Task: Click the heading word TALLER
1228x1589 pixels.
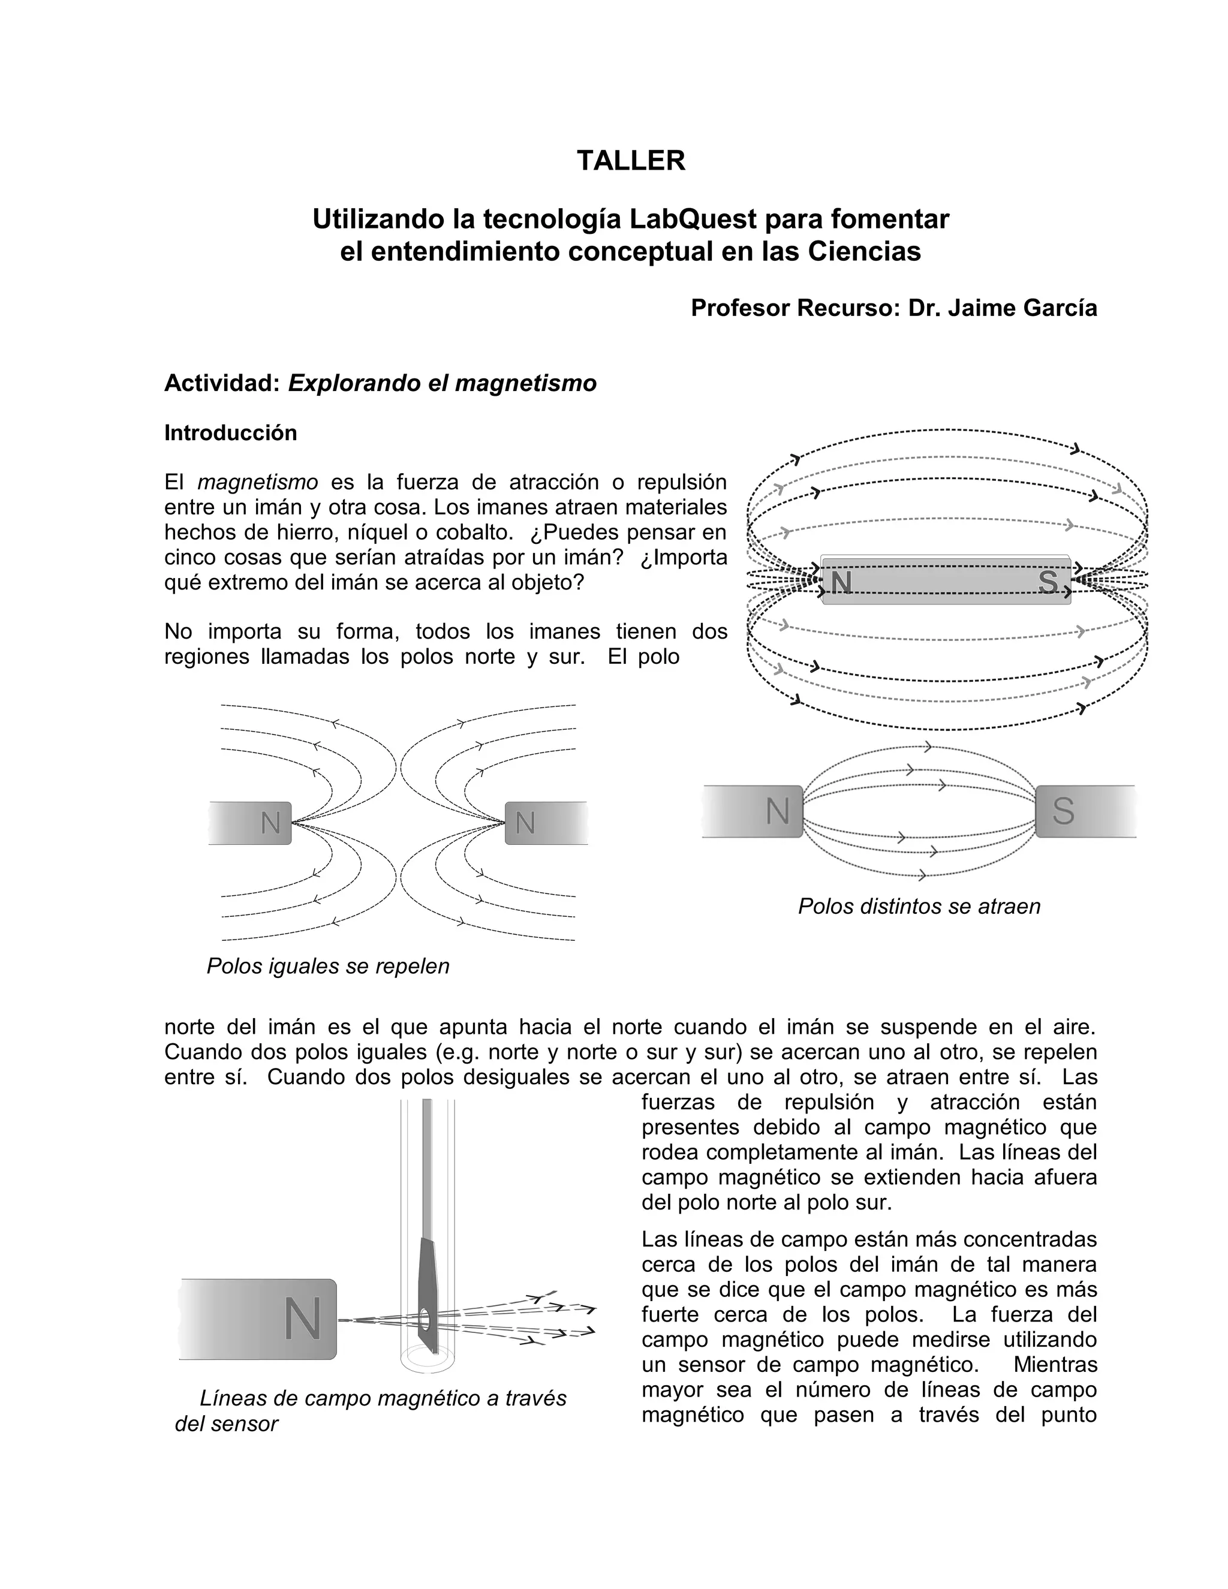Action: tap(631, 161)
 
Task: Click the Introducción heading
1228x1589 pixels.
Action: tap(231, 433)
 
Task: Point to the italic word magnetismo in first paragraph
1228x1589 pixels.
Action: tap(257, 482)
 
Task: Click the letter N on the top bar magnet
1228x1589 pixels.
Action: tap(841, 582)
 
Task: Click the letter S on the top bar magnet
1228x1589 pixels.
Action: tap(1048, 582)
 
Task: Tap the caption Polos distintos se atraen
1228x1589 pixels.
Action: tap(919, 906)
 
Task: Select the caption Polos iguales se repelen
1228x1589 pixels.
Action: tap(328, 965)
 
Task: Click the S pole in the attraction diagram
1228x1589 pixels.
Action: tap(1063, 811)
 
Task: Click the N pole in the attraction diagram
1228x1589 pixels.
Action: tap(778, 811)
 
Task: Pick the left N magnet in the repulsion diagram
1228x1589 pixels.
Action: tap(270, 823)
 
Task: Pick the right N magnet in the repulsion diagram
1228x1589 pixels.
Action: tap(525, 823)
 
